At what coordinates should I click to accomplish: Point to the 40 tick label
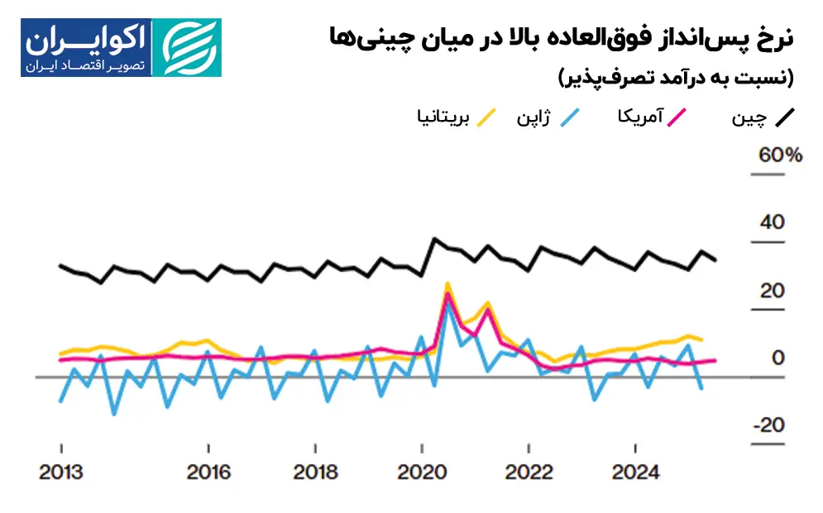pyautogui.click(x=770, y=223)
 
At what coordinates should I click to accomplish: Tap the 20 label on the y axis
pyautogui.click(x=770, y=291)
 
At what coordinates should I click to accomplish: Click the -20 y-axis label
pyautogui.click(x=767, y=425)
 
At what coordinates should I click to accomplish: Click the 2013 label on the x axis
pyautogui.click(x=61, y=472)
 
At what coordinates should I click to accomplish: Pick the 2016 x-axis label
pyautogui.click(x=208, y=472)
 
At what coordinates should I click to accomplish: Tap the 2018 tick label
pyautogui.click(x=315, y=472)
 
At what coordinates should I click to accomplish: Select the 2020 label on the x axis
pyautogui.click(x=422, y=472)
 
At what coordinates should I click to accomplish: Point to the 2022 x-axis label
pyautogui.click(x=529, y=472)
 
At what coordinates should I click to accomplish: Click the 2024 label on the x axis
pyautogui.click(x=634, y=472)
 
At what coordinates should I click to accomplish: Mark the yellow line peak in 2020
pyautogui.click(x=447, y=284)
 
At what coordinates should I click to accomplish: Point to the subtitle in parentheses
pyautogui.click(x=677, y=79)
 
